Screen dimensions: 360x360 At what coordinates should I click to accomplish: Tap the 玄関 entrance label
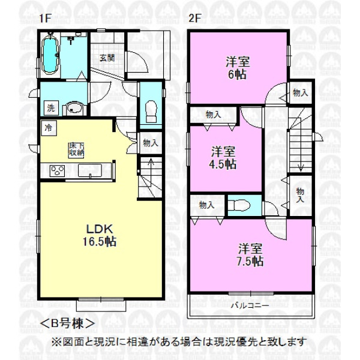coord(107,58)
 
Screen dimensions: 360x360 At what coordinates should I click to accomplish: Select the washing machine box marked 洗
coord(51,108)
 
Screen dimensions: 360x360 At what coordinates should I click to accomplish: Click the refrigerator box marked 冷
coord(49,128)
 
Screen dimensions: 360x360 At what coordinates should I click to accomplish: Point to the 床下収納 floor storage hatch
coord(76,150)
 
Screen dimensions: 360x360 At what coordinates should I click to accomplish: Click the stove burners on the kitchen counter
coord(58,171)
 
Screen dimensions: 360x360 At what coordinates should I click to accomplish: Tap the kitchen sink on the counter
coord(90,170)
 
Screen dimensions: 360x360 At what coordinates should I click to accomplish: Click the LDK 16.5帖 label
coord(100,235)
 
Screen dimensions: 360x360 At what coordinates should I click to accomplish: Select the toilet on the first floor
coord(151,112)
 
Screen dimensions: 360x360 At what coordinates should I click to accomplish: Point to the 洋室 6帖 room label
coord(238,68)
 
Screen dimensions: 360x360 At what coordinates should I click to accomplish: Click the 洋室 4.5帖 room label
coord(223,158)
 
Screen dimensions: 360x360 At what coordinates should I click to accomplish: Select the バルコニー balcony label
coord(250,305)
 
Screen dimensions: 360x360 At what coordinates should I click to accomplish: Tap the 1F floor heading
coord(44,18)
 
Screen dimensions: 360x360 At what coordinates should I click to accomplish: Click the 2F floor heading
coord(195,18)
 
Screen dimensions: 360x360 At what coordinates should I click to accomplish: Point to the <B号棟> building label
coord(67,324)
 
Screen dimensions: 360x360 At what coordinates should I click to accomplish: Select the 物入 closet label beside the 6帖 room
coord(301,93)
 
